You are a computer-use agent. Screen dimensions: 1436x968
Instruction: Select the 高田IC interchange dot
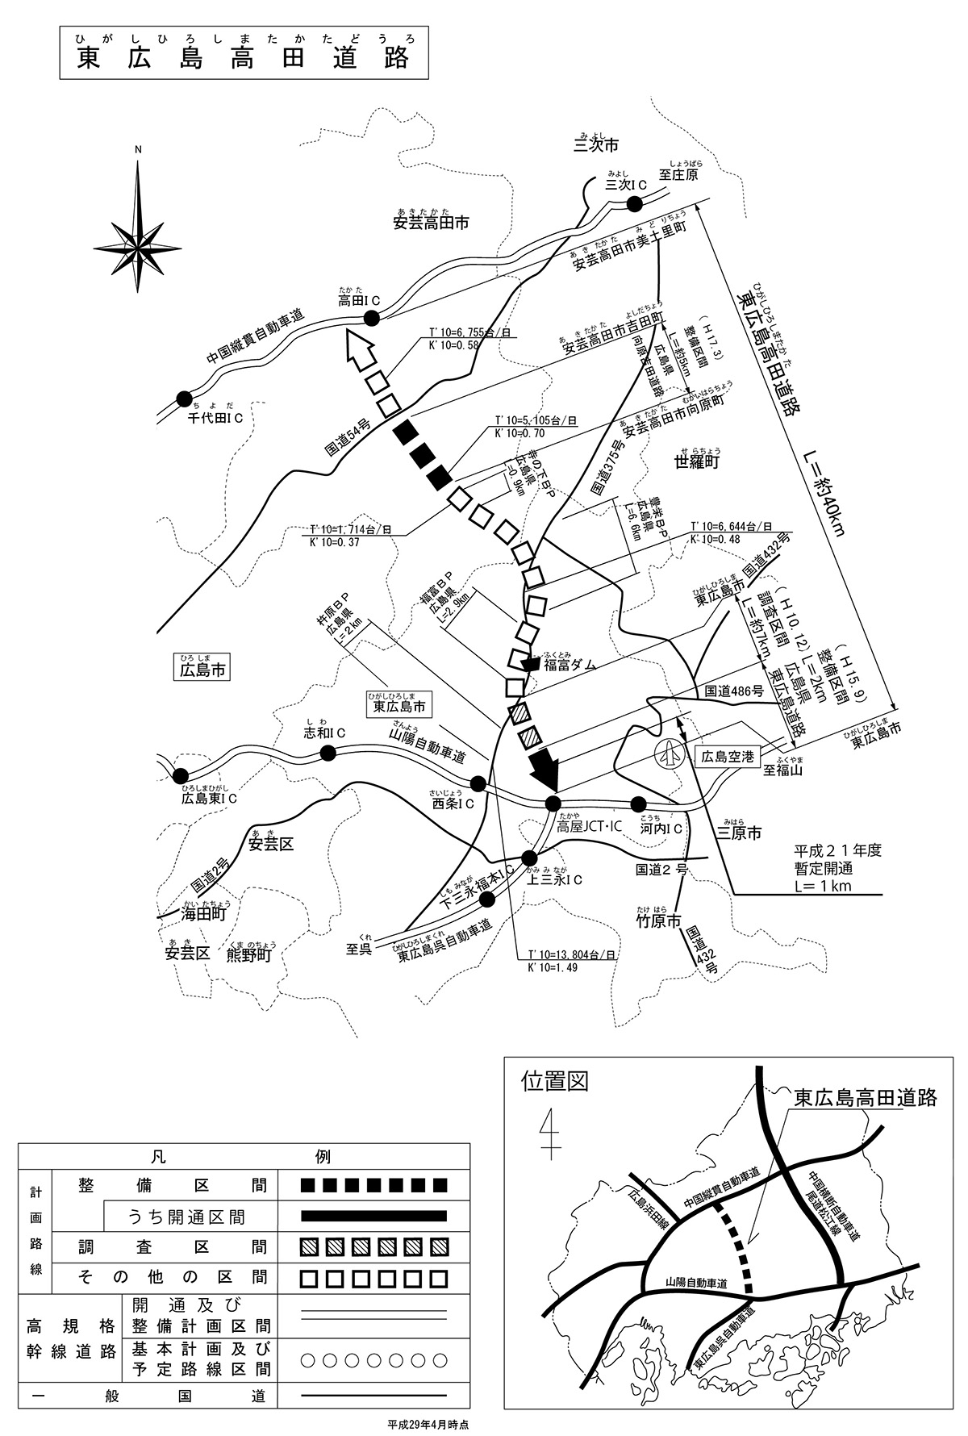(x=372, y=319)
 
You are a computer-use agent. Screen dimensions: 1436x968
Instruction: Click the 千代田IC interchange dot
(x=184, y=398)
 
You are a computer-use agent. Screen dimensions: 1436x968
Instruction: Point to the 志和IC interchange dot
(x=328, y=753)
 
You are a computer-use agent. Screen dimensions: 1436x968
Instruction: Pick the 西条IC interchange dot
(x=478, y=783)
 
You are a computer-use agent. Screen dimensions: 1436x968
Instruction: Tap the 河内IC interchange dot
(x=638, y=804)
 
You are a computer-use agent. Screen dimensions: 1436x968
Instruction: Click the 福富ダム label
(x=570, y=665)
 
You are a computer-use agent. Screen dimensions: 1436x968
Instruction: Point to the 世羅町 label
(x=697, y=461)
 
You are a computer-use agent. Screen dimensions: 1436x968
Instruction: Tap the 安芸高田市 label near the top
(x=431, y=223)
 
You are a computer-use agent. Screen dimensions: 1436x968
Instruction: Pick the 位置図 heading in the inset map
(x=555, y=1080)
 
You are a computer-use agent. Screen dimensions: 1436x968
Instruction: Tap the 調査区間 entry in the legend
(x=173, y=1247)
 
